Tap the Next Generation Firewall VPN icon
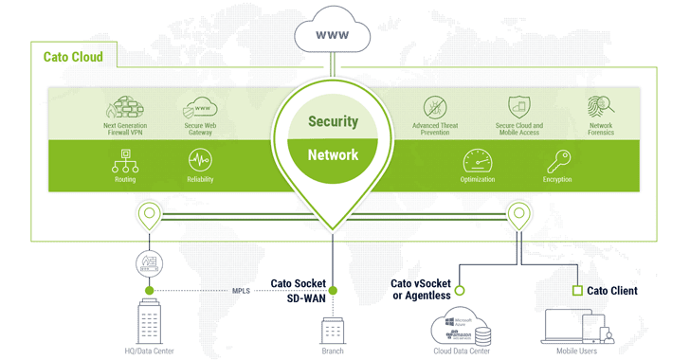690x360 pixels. click(125, 108)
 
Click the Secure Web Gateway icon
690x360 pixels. click(200, 108)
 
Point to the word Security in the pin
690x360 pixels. click(333, 121)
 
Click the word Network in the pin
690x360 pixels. click(333, 154)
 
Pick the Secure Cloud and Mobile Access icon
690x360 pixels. click(518, 107)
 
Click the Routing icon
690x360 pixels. click(125, 162)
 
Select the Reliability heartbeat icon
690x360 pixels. click(200, 162)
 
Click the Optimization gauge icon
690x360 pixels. click(477, 161)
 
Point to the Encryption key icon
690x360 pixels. click(557, 161)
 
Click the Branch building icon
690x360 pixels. click(333, 331)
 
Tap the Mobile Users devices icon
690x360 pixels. click(576, 327)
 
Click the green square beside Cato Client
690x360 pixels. click(575, 291)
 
